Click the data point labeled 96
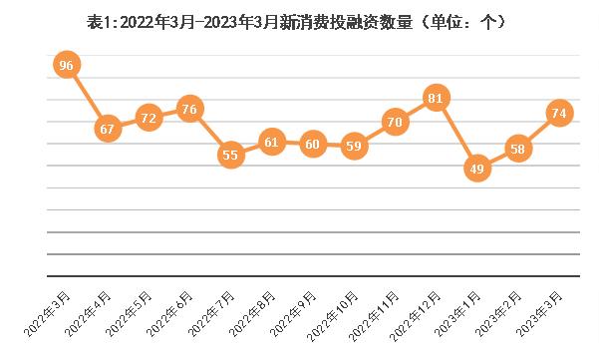click(x=67, y=65)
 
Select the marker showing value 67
click(x=108, y=129)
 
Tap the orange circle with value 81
click(x=436, y=98)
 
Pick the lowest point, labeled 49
click(x=477, y=168)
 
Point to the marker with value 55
click(x=231, y=155)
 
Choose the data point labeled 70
click(x=395, y=122)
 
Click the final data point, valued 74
click(x=560, y=113)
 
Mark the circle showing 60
click(x=313, y=144)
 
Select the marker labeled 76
click(x=189, y=109)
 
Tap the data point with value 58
click(x=518, y=149)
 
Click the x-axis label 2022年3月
click(x=48, y=314)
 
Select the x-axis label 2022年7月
click(x=211, y=314)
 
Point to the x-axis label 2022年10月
click(x=332, y=316)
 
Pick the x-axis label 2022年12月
click(x=415, y=316)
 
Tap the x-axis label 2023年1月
click(x=457, y=314)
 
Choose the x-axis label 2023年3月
click(x=539, y=314)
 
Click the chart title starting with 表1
click(x=297, y=22)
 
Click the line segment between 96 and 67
click(x=88, y=97)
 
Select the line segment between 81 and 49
click(x=456, y=133)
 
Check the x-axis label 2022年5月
click(x=130, y=314)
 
